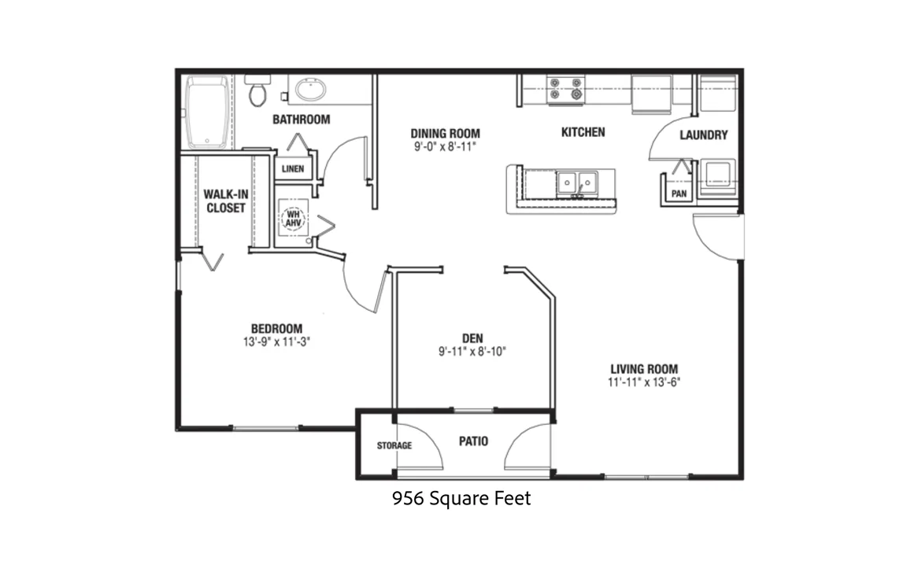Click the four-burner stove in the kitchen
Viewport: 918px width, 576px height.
coord(565,90)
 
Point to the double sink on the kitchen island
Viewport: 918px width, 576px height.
coord(577,183)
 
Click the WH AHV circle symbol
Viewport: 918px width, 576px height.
coord(294,219)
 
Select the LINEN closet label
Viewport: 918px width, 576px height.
coord(293,169)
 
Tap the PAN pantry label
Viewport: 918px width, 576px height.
coord(679,193)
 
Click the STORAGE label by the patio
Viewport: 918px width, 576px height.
coord(394,445)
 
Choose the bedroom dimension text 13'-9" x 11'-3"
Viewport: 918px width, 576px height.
coord(276,342)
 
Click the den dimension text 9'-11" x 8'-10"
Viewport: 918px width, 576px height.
coord(472,351)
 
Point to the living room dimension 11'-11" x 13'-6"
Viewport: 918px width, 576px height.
coord(644,382)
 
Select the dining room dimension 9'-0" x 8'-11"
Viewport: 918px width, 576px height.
coord(445,146)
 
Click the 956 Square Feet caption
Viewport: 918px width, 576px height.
coord(461,498)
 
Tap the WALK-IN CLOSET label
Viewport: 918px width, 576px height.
coord(225,201)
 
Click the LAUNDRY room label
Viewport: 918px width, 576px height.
coord(704,135)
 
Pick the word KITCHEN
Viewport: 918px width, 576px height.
coord(583,132)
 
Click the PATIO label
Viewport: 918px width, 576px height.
coord(473,441)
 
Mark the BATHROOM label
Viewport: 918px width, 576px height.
coord(301,120)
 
